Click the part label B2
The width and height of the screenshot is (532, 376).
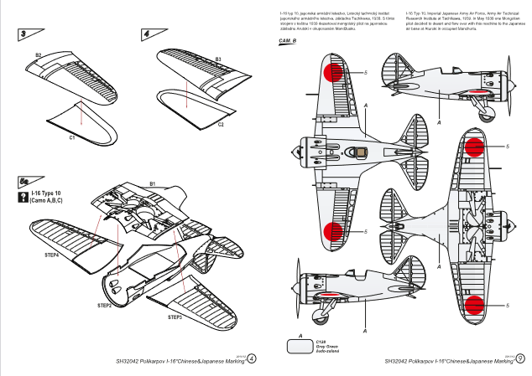[39, 55]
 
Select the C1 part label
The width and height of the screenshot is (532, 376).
[72, 135]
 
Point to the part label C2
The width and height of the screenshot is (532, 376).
[221, 124]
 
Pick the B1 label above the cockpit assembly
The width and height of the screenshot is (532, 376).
[153, 183]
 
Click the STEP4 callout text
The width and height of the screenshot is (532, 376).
[51, 254]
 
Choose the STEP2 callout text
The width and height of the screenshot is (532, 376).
[105, 306]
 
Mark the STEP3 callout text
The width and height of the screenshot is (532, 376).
[175, 317]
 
